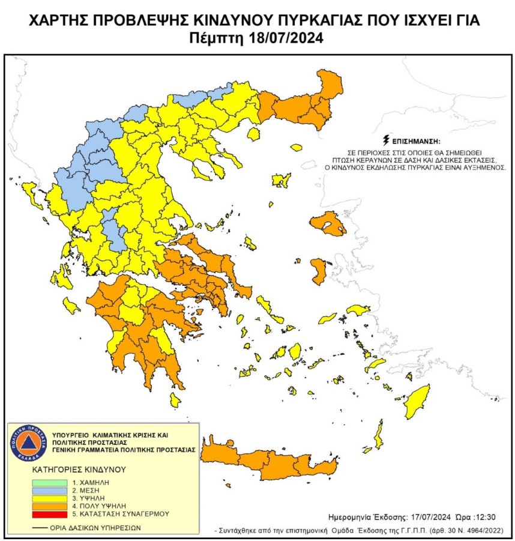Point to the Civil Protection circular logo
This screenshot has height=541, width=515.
(28, 445)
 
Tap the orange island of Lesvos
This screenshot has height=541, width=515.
(327, 224)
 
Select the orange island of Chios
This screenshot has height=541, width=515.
(318, 271)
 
